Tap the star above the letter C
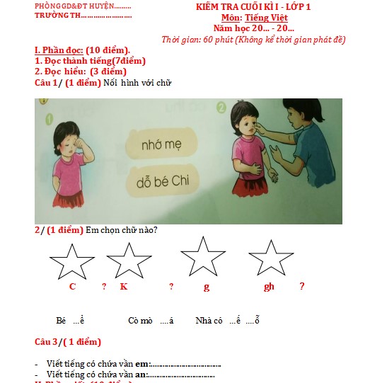click(x=71, y=261)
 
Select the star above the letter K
click(x=129, y=260)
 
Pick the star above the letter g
click(x=204, y=256)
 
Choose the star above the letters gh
click(x=271, y=258)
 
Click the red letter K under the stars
click(x=123, y=287)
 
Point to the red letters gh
click(x=269, y=287)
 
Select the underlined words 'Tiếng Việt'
click(x=266, y=17)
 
